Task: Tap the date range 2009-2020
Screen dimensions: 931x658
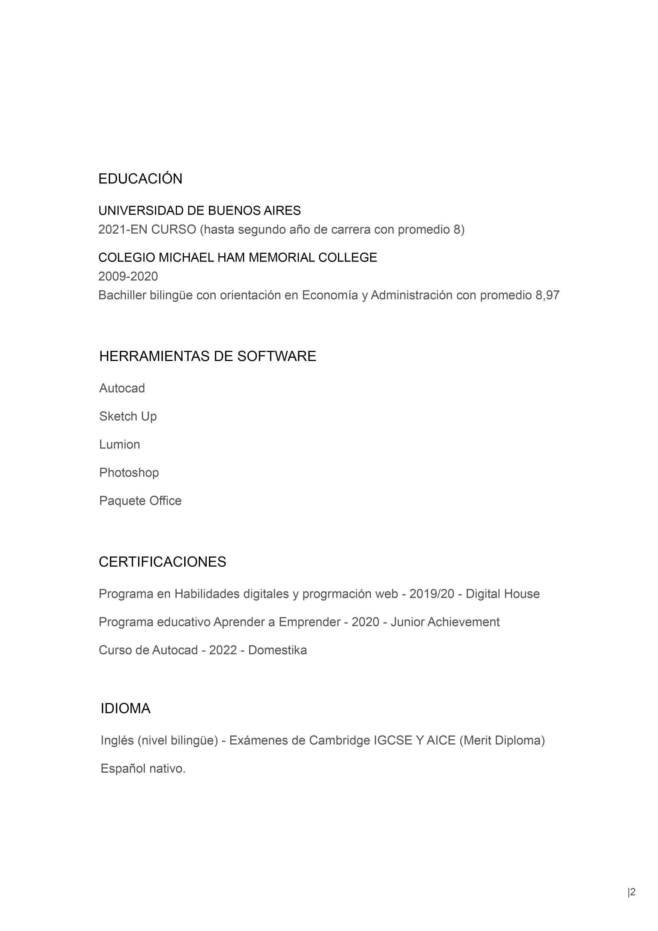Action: pos(128,276)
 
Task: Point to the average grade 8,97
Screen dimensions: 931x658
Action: pos(547,295)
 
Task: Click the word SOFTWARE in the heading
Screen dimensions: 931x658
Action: pos(276,356)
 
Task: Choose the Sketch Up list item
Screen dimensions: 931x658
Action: pos(128,416)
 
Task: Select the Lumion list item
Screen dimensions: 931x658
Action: pos(120,444)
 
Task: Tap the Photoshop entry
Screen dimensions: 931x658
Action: pos(129,472)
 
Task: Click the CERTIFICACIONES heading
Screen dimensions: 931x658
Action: pos(162,562)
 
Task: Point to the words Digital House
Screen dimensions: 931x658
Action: pos(502,594)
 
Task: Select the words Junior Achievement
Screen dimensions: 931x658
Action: pos(445,622)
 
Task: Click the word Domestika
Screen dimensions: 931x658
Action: pos(277,650)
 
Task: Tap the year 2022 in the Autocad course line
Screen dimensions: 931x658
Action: pos(223,650)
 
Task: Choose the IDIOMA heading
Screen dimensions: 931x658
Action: pos(125,708)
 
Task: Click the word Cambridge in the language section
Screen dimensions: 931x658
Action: pos(340,740)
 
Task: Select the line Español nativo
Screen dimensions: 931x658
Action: pos(143,769)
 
